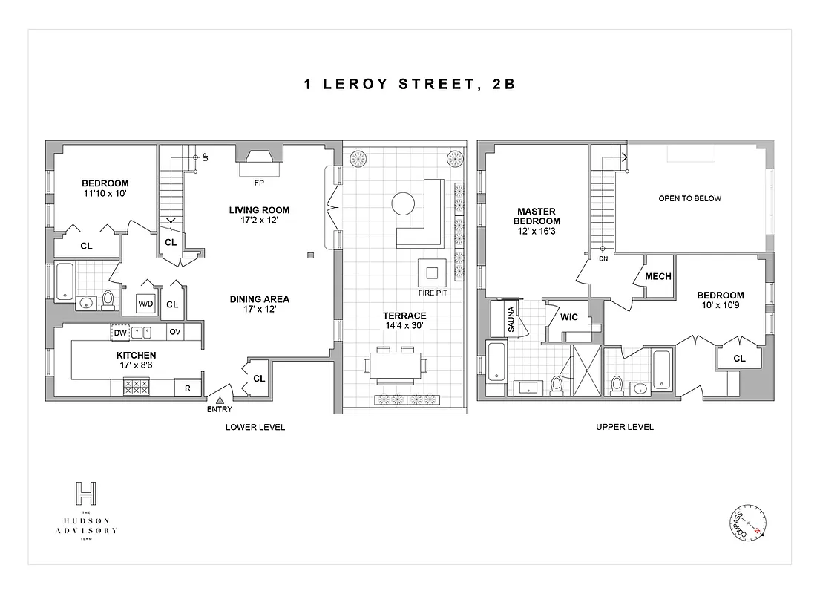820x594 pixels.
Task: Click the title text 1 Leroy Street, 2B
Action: tap(410, 84)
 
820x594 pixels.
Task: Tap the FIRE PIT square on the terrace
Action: tap(432, 272)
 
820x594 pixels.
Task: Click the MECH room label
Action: tap(657, 276)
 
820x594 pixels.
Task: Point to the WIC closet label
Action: tap(568, 317)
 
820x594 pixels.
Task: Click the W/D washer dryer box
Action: tap(145, 304)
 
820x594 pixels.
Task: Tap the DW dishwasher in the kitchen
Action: tap(120, 332)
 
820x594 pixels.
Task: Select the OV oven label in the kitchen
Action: tap(175, 332)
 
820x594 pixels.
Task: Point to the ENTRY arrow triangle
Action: tap(220, 400)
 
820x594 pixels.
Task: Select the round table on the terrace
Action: tap(403, 203)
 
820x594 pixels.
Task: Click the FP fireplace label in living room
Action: tap(258, 181)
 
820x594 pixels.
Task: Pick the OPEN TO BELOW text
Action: tap(689, 198)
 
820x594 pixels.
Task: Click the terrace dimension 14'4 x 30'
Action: tap(404, 325)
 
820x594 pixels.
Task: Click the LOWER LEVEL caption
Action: tap(255, 427)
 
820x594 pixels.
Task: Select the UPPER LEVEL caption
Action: tap(625, 427)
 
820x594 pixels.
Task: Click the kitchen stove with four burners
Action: tap(135, 387)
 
